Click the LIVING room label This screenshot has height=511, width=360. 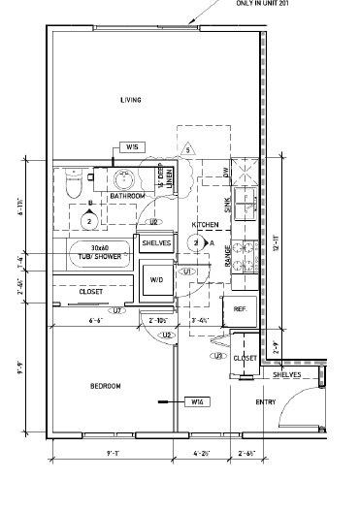(x=131, y=100)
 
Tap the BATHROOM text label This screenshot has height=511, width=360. (x=127, y=196)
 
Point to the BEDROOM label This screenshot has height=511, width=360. (x=105, y=387)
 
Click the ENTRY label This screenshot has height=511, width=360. (x=265, y=401)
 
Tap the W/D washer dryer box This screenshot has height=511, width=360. (x=156, y=279)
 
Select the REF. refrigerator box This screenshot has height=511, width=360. (x=239, y=308)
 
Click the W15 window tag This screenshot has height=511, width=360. (x=133, y=146)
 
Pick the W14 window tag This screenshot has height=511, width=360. (x=197, y=400)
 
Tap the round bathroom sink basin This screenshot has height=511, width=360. (x=123, y=179)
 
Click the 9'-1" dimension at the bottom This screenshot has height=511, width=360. (x=113, y=452)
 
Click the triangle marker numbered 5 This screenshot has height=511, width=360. (x=188, y=150)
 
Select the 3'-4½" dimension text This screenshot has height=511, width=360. (x=202, y=319)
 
